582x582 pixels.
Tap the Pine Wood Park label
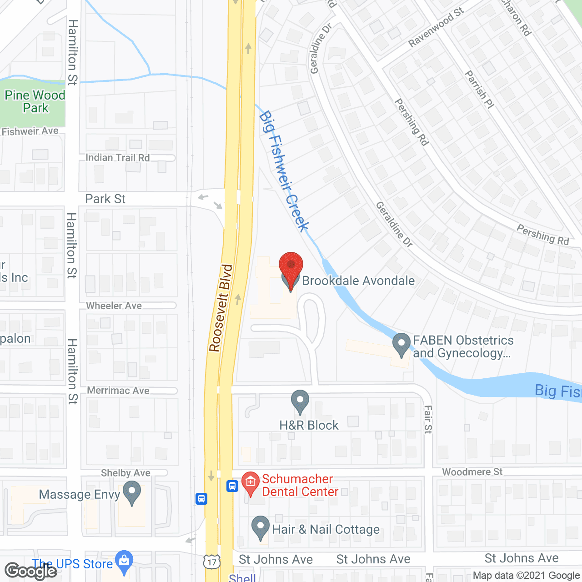(35, 101)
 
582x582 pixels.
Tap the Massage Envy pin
(132, 493)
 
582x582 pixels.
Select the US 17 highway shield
(212, 562)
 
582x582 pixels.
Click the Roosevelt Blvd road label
(221, 308)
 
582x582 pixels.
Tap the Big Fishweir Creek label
(284, 171)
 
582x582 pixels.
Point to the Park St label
(105, 199)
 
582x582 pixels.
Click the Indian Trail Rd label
(118, 158)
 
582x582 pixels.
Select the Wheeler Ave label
(114, 306)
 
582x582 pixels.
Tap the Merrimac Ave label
(118, 391)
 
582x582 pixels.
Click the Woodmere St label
(472, 472)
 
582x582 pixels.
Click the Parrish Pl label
(479, 90)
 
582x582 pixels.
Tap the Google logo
(31, 571)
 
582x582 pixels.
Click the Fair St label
(428, 419)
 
